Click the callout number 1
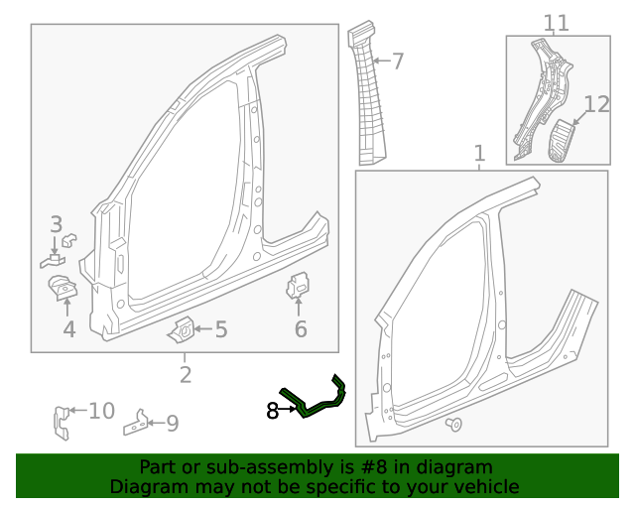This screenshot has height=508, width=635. [479, 154]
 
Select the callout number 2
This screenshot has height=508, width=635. [186, 374]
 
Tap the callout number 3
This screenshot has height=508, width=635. [57, 225]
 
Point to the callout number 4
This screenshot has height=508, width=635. [68, 329]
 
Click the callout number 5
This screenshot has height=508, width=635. [220, 329]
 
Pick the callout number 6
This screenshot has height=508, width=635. [301, 329]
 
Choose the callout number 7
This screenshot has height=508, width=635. [398, 62]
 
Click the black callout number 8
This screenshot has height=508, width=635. [273, 410]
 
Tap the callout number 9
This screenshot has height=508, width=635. [172, 425]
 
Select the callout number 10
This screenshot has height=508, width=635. [102, 411]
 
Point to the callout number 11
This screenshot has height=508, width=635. [557, 22]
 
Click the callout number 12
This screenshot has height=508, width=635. [596, 104]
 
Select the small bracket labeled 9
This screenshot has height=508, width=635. [138, 424]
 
